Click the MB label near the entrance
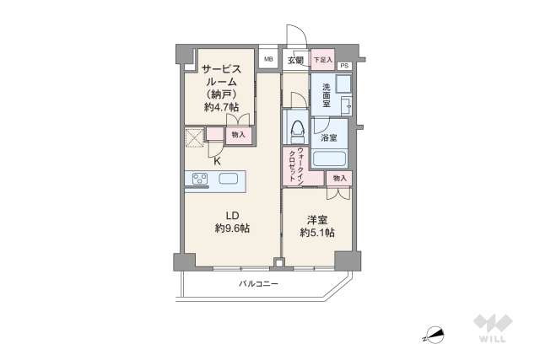coord(268,59)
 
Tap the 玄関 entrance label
coord(295,60)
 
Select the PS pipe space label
coord(344,66)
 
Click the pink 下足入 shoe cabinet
coord(321,60)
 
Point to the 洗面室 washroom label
coord(325,94)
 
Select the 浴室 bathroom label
coord(329,137)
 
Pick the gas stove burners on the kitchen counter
coord(201,178)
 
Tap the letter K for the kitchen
coord(217,160)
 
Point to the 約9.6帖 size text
coord(232,228)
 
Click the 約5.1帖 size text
coord(317,232)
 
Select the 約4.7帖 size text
coord(221,108)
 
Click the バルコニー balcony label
coord(258,284)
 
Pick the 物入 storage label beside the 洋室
coord(339,179)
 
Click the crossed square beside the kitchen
coord(195,137)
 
